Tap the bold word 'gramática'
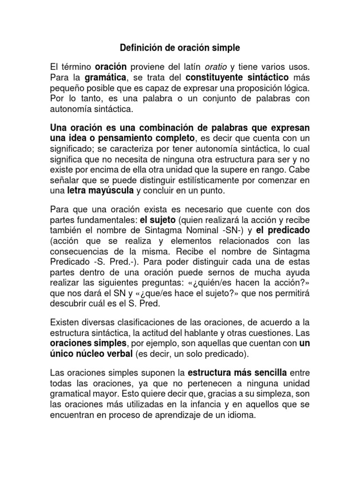pyautogui.click(x=106, y=77)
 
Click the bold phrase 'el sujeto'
pyautogui.click(x=158, y=219)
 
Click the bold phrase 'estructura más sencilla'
pyautogui.click(x=237, y=373)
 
